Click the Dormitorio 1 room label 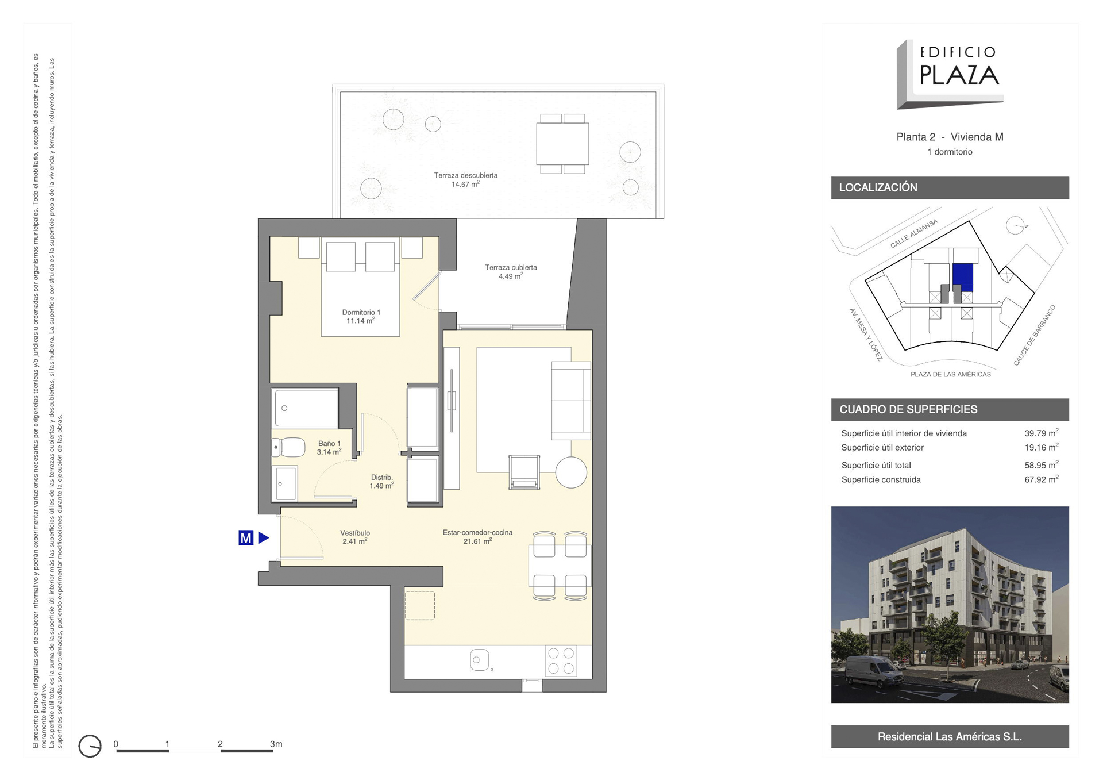tap(361, 312)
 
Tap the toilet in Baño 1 tap(288, 447)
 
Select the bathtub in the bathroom tap(306, 408)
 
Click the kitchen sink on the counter tap(480, 660)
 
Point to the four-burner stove tap(561, 661)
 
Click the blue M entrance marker tap(246, 538)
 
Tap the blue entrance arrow tap(264, 538)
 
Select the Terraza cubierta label tap(511, 267)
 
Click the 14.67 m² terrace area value tap(465, 185)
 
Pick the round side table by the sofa tap(571, 472)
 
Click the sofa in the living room tap(571, 401)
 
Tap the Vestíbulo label tap(355, 533)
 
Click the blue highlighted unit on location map tap(963, 278)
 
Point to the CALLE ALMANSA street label tap(914, 233)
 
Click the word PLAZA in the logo tap(959, 75)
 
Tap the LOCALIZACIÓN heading tap(878, 187)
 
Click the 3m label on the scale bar tap(276, 744)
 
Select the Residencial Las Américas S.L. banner tap(950, 736)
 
